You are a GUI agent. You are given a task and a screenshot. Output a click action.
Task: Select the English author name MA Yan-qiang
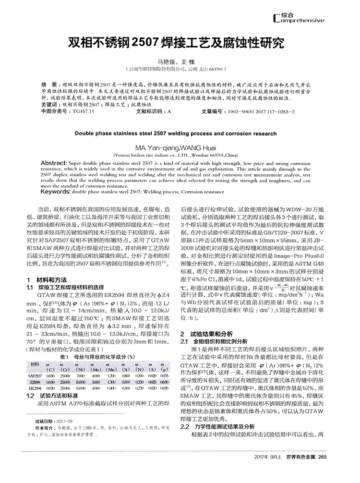coord(157,147)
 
